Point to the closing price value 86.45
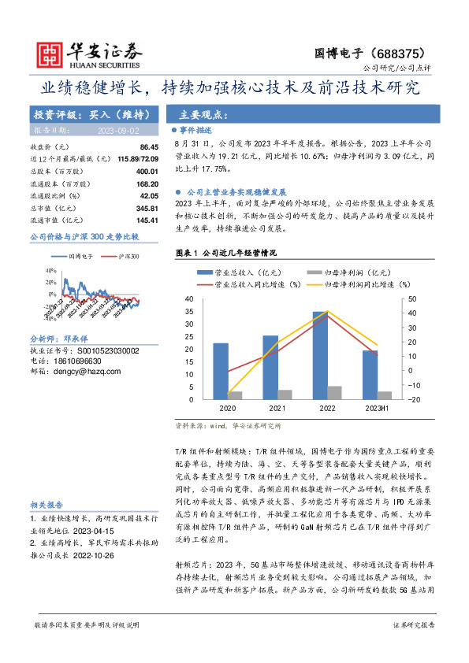pyautogui.click(x=148, y=147)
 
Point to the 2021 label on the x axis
pyautogui.click(x=277, y=409)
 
